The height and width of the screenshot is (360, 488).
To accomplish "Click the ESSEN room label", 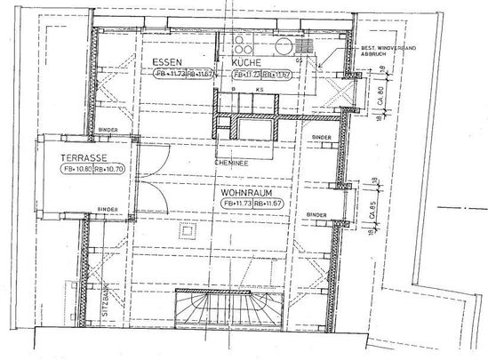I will tap(168, 62).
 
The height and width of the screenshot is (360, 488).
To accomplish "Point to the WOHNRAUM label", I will tap(248, 191).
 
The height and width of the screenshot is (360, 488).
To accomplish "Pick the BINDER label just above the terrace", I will tap(108, 130).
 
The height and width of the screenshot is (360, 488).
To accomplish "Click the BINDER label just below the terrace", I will tap(106, 210).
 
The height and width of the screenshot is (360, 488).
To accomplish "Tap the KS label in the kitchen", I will tap(260, 91).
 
